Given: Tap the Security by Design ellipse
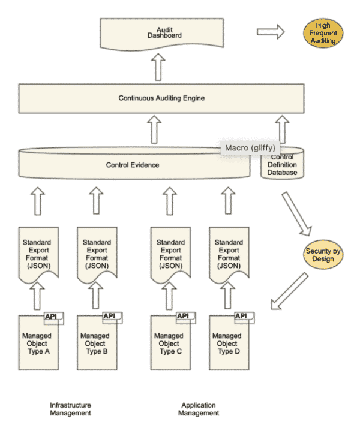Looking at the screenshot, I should tap(323, 255).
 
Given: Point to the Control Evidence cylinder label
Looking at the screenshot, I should tap(133, 164).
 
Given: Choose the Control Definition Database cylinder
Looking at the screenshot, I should tap(283, 165).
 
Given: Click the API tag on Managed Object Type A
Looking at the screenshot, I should tap(53, 317).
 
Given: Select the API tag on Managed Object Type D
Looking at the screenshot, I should tap(241, 317).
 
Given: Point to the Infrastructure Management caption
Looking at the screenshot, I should tap(70, 409).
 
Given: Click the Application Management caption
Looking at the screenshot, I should tap(200, 409).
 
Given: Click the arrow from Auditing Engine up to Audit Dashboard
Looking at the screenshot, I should tap(158, 66).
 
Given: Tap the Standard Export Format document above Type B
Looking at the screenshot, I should tap(96, 252).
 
